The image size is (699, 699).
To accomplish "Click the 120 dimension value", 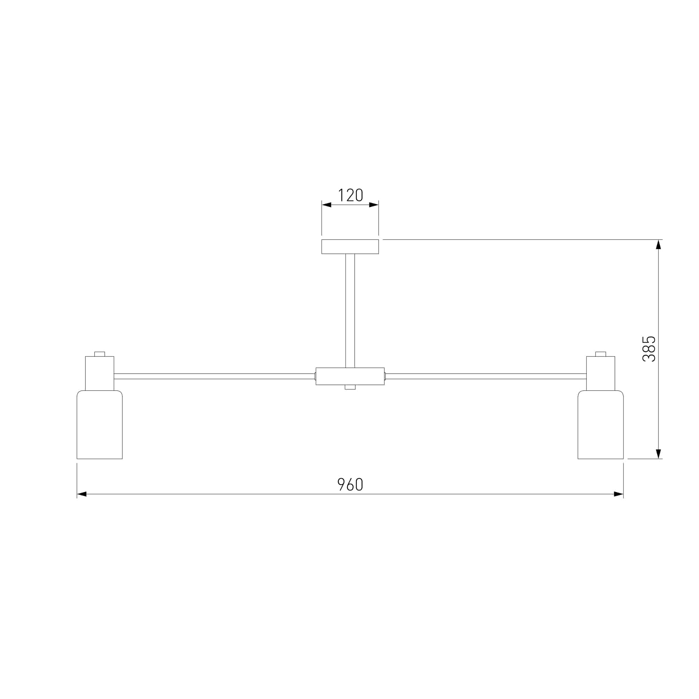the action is click(x=350, y=195).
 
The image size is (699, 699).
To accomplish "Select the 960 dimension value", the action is click(x=350, y=485).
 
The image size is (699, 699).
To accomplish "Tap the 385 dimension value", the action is click(x=649, y=349).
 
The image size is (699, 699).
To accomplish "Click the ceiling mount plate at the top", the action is click(x=350, y=247).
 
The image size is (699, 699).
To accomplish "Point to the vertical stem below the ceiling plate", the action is click(x=350, y=311).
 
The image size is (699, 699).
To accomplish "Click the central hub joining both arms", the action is click(x=350, y=376).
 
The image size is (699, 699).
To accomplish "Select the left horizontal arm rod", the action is click(x=215, y=376).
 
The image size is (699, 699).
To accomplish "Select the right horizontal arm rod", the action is click(x=485, y=376).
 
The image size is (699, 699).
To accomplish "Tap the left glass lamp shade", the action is click(x=100, y=425).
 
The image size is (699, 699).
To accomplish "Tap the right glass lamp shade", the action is click(x=600, y=425).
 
